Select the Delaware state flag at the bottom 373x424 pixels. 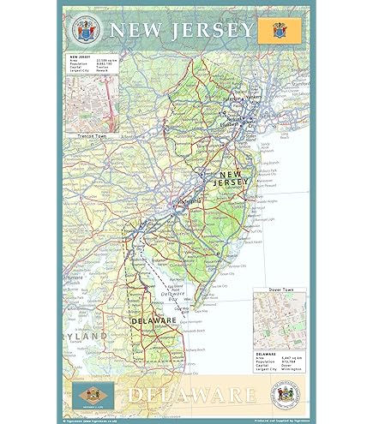click(90, 395)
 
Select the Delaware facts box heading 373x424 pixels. click(268, 353)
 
